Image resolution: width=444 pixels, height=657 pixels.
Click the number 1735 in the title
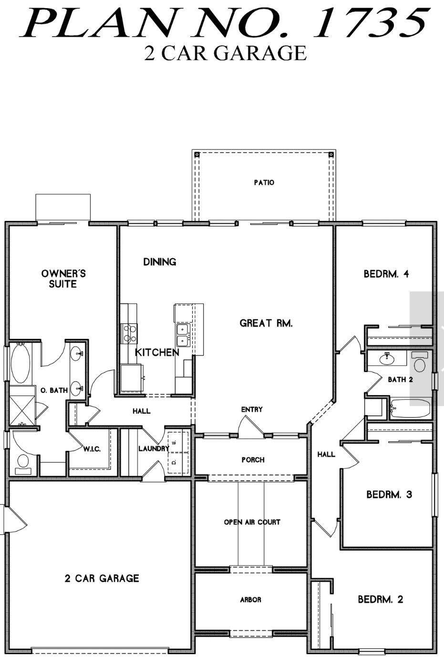(370, 23)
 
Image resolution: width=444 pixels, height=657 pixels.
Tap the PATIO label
(264, 182)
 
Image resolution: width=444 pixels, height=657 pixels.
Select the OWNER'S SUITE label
(63, 279)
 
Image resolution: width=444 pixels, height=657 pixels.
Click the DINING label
(160, 261)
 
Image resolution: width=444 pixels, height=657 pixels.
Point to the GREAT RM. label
(266, 323)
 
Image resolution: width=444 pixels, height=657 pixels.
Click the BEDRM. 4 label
(386, 274)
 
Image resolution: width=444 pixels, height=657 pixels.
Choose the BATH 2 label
(400, 379)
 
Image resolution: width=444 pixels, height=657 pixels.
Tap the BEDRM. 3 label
(389, 494)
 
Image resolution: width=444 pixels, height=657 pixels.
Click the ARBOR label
(250, 600)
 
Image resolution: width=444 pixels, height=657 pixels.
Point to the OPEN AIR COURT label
(252, 522)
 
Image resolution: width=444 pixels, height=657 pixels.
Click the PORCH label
(253, 459)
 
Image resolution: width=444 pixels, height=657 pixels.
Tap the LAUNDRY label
(154, 448)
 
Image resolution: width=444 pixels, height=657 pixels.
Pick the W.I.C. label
(92, 449)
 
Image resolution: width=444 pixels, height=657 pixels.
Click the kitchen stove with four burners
(129, 334)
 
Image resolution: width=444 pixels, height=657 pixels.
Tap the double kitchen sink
(183, 334)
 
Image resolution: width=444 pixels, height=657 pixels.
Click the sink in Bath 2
(387, 358)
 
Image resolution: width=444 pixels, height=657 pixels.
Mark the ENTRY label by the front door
(252, 409)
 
